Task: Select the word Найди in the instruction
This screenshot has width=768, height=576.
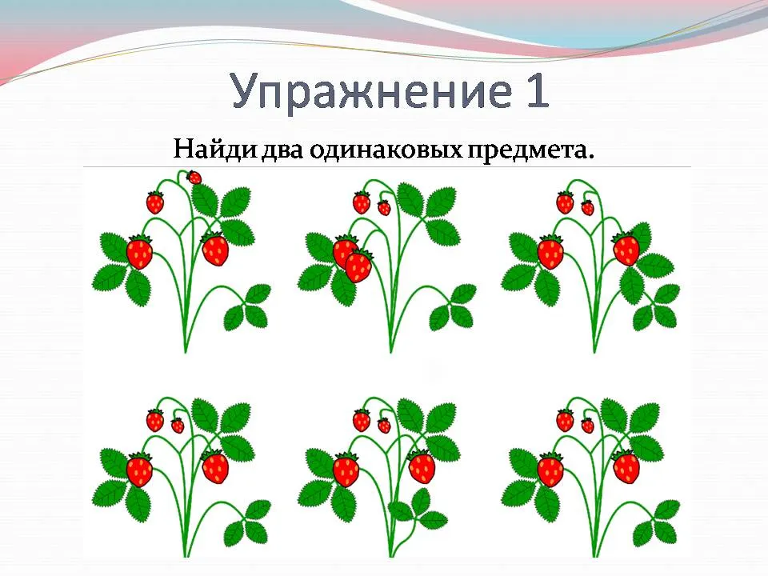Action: click(x=214, y=149)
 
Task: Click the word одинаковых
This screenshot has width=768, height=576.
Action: click(x=385, y=150)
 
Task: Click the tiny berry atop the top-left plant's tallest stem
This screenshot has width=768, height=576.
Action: click(x=194, y=178)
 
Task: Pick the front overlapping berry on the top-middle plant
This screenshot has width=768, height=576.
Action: click(x=359, y=266)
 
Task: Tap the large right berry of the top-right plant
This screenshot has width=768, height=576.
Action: click(x=626, y=249)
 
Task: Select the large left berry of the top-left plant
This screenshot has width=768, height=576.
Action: click(x=139, y=252)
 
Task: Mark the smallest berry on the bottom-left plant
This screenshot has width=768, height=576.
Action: click(x=178, y=425)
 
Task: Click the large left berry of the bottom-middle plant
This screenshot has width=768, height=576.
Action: click(x=346, y=470)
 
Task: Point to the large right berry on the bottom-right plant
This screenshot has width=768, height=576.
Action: click(x=626, y=466)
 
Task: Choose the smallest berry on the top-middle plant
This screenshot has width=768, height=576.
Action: click(x=385, y=208)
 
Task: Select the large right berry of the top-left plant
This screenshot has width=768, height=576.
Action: click(x=215, y=249)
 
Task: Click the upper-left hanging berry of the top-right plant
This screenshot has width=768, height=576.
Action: click(x=566, y=202)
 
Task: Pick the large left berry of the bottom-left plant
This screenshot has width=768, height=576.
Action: click(x=139, y=470)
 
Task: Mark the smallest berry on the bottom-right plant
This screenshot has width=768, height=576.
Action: click(x=587, y=425)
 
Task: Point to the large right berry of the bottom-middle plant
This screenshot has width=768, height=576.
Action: click(x=422, y=466)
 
